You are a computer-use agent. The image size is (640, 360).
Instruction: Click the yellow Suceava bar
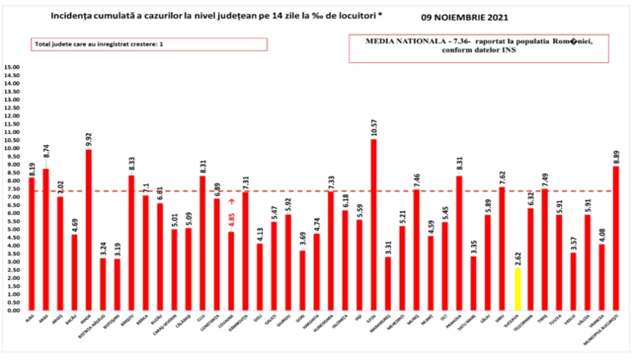[x=517, y=289]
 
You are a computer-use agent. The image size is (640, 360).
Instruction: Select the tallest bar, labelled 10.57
[x=374, y=224]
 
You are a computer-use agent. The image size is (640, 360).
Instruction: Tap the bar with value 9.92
[x=88, y=230]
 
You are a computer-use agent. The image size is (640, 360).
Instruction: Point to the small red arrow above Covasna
[x=232, y=202]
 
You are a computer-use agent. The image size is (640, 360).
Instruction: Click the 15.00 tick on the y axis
[x=12, y=67]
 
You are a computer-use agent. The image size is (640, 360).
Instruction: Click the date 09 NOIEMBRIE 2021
[x=464, y=18]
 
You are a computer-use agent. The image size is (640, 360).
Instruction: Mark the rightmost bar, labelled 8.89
[x=616, y=238]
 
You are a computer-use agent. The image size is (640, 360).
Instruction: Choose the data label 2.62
[x=517, y=260]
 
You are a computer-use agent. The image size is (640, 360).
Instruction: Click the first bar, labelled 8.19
[x=31, y=244]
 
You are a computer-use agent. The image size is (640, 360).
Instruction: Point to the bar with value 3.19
[x=117, y=284]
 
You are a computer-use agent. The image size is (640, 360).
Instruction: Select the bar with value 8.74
[x=46, y=239]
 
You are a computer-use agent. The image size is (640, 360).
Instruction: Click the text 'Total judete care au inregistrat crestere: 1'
[x=99, y=44]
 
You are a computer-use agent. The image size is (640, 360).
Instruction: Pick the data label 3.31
[x=388, y=248]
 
